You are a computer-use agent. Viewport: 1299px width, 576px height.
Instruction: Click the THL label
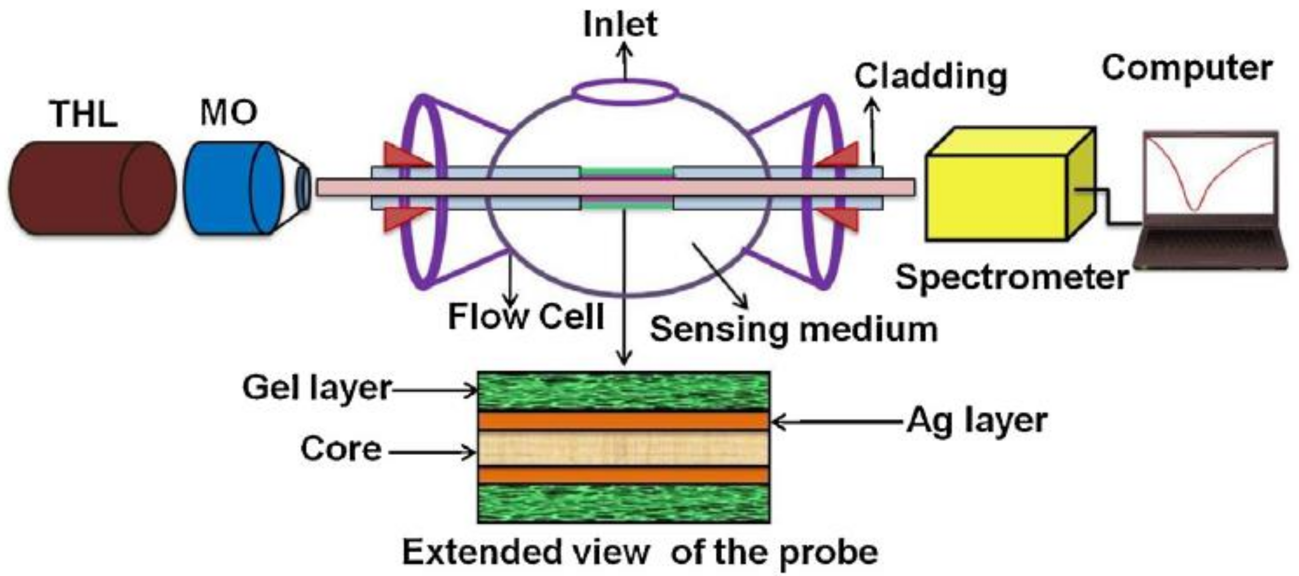(84, 114)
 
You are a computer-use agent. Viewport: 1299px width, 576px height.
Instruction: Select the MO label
(229, 112)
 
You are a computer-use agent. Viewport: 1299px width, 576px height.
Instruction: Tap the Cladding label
(931, 77)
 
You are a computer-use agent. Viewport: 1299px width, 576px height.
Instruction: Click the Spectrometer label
(1012, 277)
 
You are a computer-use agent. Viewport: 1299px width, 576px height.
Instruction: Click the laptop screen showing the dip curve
(1210, 174)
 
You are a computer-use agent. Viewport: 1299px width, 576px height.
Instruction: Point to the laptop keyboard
(1210, 242)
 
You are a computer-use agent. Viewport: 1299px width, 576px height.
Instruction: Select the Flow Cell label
(526, 317)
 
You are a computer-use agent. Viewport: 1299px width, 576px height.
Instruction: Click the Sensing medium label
(794, 329)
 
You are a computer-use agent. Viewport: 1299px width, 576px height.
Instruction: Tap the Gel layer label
(317, 388)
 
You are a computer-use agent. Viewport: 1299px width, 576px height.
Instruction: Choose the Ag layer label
(977, 420)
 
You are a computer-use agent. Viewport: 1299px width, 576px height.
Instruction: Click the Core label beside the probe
(341, 449)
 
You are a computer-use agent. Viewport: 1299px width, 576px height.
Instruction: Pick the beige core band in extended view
(623, 449)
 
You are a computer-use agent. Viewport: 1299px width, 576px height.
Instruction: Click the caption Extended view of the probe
(640, 552)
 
